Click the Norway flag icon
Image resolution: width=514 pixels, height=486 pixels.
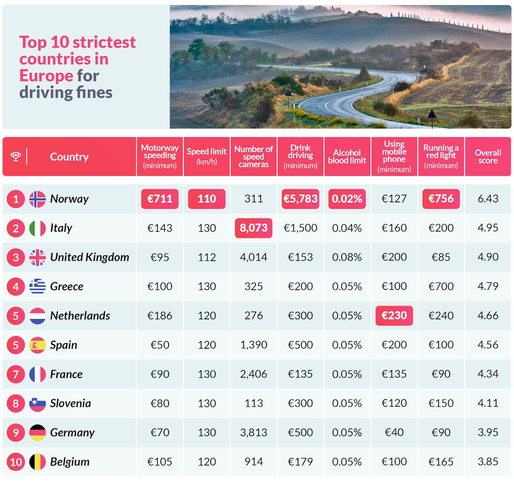pos(37,199)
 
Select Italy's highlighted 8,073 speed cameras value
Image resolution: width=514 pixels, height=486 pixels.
pos(254,228)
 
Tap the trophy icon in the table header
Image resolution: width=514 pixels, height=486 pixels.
pos(16,156)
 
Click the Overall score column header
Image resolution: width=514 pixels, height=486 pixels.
pos(488,156)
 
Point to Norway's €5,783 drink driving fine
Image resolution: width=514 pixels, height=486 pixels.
pos(300,199)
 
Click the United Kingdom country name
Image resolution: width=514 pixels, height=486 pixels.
pos(89,257)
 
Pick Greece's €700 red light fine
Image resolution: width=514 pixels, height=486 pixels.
pos(441,286)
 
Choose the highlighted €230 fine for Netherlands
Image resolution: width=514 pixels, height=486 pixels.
pos(394,316)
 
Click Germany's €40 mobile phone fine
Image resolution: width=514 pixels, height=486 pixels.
pos(394,433)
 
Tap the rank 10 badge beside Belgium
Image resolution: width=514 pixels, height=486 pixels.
pos(16,462)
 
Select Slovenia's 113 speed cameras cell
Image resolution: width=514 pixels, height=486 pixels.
pos(254,403)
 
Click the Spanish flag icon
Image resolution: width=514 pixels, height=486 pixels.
pos(37,345)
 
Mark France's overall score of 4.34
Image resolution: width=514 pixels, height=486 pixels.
pos(488,374)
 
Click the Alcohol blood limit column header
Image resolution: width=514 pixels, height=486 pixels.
pos(347,156)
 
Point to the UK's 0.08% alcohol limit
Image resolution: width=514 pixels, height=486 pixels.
pos(347,257)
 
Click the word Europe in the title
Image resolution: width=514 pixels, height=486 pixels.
pos(46,75)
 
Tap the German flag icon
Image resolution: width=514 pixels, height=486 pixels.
pos(37,433)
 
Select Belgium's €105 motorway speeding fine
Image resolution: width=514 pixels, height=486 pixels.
pos(160,462)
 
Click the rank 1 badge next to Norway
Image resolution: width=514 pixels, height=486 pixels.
pos(16,199)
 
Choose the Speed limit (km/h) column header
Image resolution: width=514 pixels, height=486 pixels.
pos(207,156)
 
